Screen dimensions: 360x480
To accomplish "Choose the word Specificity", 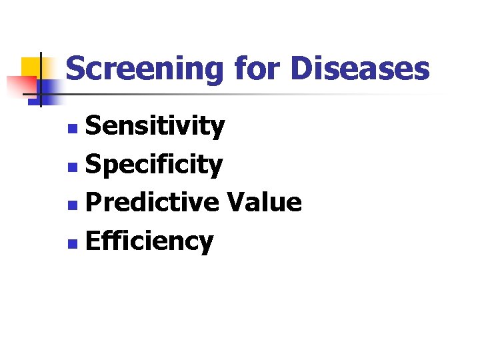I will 154,165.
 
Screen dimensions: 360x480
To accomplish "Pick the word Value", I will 265,202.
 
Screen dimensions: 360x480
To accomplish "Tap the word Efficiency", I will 149,241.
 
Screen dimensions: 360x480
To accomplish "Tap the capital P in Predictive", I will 93,202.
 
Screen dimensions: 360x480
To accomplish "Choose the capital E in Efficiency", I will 93,241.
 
